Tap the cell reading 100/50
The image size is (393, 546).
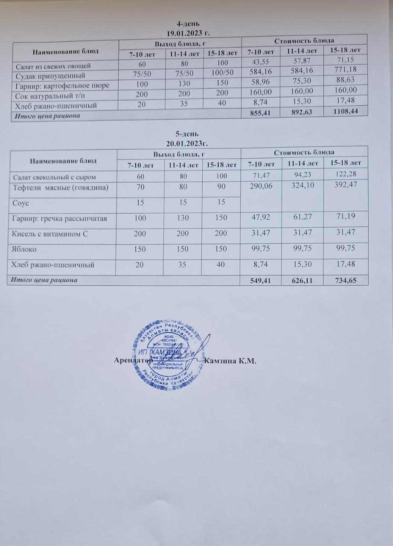tap(223, 73)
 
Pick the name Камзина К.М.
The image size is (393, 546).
tap(230, 361)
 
